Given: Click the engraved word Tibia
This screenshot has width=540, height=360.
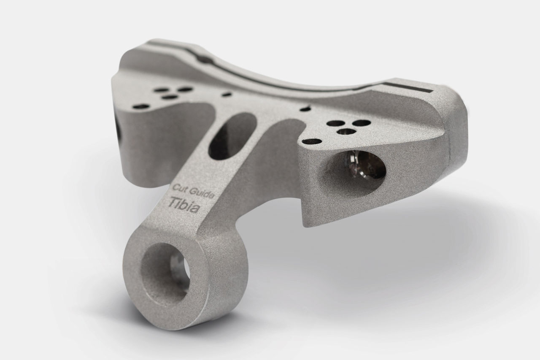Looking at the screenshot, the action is click(184, 205).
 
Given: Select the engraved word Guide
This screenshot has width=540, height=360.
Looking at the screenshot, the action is click(201, 193).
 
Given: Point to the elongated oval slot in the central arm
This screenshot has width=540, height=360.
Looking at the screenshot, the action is click(232, 136).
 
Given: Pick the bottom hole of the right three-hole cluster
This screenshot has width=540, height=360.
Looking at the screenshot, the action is click(347, 132).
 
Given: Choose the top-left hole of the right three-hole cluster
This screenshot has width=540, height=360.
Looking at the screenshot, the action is click(335, 124).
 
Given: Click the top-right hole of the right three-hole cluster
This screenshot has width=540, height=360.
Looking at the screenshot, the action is click(361, 123).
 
